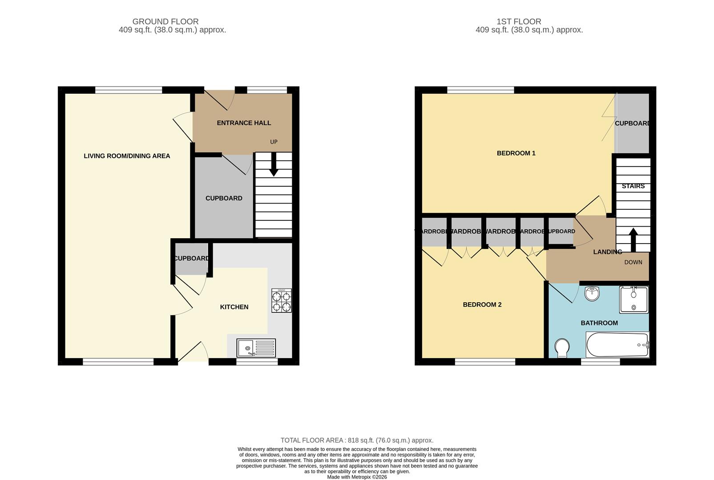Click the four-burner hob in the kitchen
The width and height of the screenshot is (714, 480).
pyautogui.click(x=282, y=301)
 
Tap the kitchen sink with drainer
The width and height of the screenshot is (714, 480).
pyautogui.click(x=256, y=348)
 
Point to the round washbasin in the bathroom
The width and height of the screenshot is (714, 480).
pyautogui.click(x=592, y=294)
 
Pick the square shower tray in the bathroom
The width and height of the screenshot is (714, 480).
pyautogui.click(x=633, y=300)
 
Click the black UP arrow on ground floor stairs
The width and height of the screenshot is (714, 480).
pyautogui.click(x=274, y=164)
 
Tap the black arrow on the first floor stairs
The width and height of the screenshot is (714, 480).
pyautogui.click(x=632, y=240)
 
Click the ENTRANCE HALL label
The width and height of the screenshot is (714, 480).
pyautogui.click(x=244, y=123)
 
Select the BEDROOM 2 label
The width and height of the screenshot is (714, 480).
pyautogui.click(x=482, y=305)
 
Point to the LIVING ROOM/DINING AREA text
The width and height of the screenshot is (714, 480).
pyautogui.click(x=127, y=156)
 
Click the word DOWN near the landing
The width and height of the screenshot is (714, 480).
pyautogui.click(x=633, y=262)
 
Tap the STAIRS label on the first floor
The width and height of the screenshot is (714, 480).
pyautogui.click(x=633, y=186)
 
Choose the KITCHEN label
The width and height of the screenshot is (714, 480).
pyautogui.click(x=234, y=307)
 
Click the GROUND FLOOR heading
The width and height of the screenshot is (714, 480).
pyautogui.click(x=165, y=21)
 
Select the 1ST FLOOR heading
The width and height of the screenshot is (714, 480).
pyautogui.click(x=519, y=21)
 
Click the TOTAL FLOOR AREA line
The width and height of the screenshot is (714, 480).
pyautogui.click(x=357, y=440)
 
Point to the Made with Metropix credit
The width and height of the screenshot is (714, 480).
pyautogui.click(x=357, y=477)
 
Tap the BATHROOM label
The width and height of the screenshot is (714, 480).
pyautogui.click(x=599, y=323)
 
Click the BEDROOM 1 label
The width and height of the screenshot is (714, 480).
pyautogui.click(x=516, y=153)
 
